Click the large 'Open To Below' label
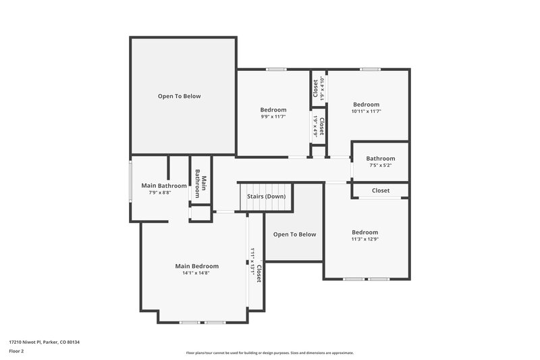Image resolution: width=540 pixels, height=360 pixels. click(179, 97)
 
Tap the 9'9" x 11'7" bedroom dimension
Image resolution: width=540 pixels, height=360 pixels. click(273, 117)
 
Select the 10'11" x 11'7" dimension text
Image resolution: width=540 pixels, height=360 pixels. click(367, 111)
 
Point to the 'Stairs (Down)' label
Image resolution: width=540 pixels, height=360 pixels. click(266, 197)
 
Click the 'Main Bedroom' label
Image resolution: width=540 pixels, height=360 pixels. click(197, 266)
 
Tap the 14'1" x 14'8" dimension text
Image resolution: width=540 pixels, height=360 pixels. click(196, 273)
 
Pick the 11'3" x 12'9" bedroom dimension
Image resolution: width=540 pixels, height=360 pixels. click(364, 238)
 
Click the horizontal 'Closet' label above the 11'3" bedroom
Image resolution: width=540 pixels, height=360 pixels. click(381, 190)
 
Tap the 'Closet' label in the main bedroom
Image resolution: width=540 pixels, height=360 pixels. click(259, 273)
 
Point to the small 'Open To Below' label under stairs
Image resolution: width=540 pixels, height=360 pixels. click(294, 234)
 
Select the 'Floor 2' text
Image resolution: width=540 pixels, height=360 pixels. click(16, 351)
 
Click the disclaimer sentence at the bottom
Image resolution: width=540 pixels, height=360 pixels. click(270, 353)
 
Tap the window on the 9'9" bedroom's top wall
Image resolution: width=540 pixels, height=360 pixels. click(276, 69)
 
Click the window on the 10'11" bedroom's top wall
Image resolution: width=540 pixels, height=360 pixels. click(369, 69)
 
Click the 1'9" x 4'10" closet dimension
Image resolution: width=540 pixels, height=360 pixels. click(323, 88)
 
